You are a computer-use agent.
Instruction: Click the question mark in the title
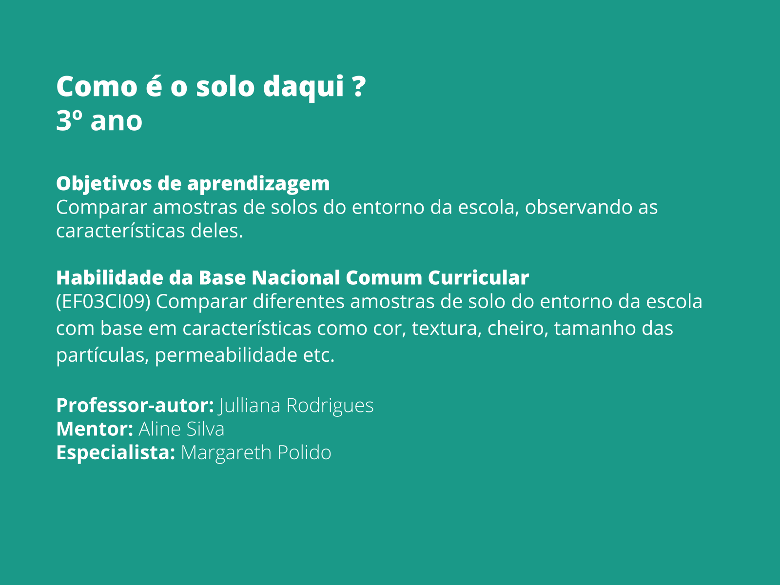pos(358,86)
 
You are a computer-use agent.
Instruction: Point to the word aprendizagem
pos(258,184)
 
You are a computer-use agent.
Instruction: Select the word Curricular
pos(478,278)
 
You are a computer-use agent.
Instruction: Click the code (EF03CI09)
pos(103,302)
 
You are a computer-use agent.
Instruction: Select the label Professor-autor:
pos(135,406)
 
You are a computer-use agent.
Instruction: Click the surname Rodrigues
pos(330,406)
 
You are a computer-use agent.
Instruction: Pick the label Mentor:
pos(95,429)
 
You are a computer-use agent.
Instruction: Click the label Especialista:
pos(116,453)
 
